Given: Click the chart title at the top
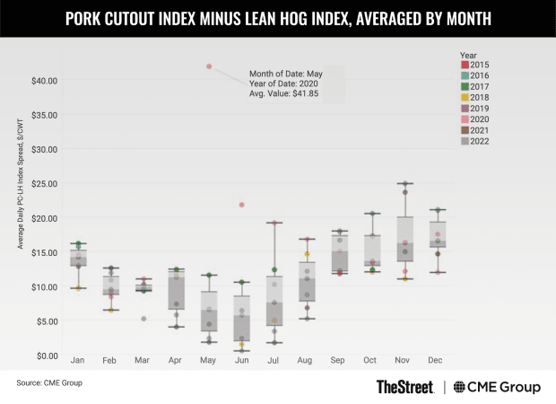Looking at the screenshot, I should coord(278,18).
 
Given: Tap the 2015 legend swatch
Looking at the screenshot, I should coord(465,64).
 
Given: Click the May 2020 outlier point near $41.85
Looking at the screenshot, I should coord(209,66).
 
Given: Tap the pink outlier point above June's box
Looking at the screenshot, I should coord(241,205).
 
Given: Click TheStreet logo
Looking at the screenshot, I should coord(405,387).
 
